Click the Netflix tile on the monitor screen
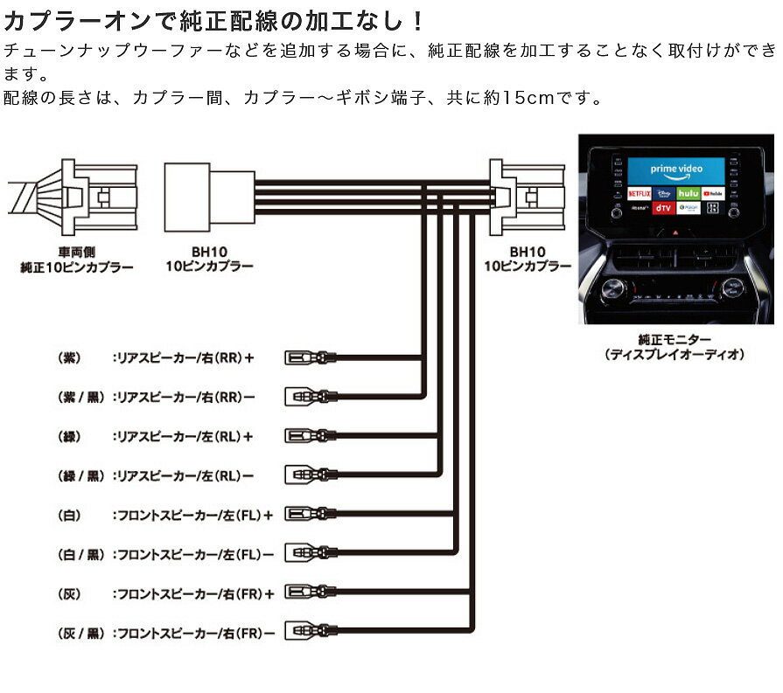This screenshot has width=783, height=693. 639,191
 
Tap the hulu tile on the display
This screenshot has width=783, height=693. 688,191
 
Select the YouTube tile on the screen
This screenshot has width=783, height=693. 713,191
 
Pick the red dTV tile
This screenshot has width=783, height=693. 664,208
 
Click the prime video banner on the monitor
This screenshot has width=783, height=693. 676,169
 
